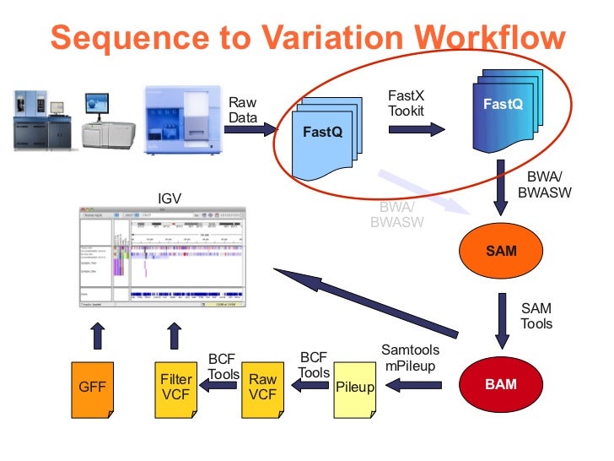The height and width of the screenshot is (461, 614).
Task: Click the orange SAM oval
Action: [x=501, y=252]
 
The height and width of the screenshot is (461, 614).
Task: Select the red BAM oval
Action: [x=501, y=384]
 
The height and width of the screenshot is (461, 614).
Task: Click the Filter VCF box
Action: [x=175, y=389]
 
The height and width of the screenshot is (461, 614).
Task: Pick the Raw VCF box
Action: [x=262, y=389]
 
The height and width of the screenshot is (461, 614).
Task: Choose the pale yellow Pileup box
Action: [x=355, y=389]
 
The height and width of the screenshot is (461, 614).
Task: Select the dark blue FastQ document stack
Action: [x=503, y=106]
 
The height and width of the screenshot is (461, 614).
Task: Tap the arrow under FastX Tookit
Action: [x=417, y=129]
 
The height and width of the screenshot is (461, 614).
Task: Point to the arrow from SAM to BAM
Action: [x=503, y=320]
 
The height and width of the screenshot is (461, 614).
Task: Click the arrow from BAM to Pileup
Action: [x=413, y=386]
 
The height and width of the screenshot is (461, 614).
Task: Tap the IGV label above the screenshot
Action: [x=170, y=199]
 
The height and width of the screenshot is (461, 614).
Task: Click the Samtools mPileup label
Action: [x=410, y=357]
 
